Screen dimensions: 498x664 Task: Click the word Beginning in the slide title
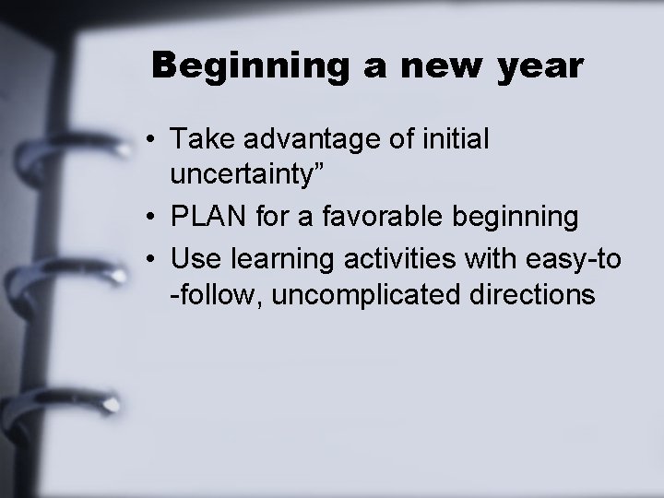pos(241,67)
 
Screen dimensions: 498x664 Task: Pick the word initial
pos(456,139)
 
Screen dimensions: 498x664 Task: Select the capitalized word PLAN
pos(205,218)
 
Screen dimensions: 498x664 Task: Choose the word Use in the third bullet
pos(191,259)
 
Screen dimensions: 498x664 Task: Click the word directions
pos(537,295)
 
